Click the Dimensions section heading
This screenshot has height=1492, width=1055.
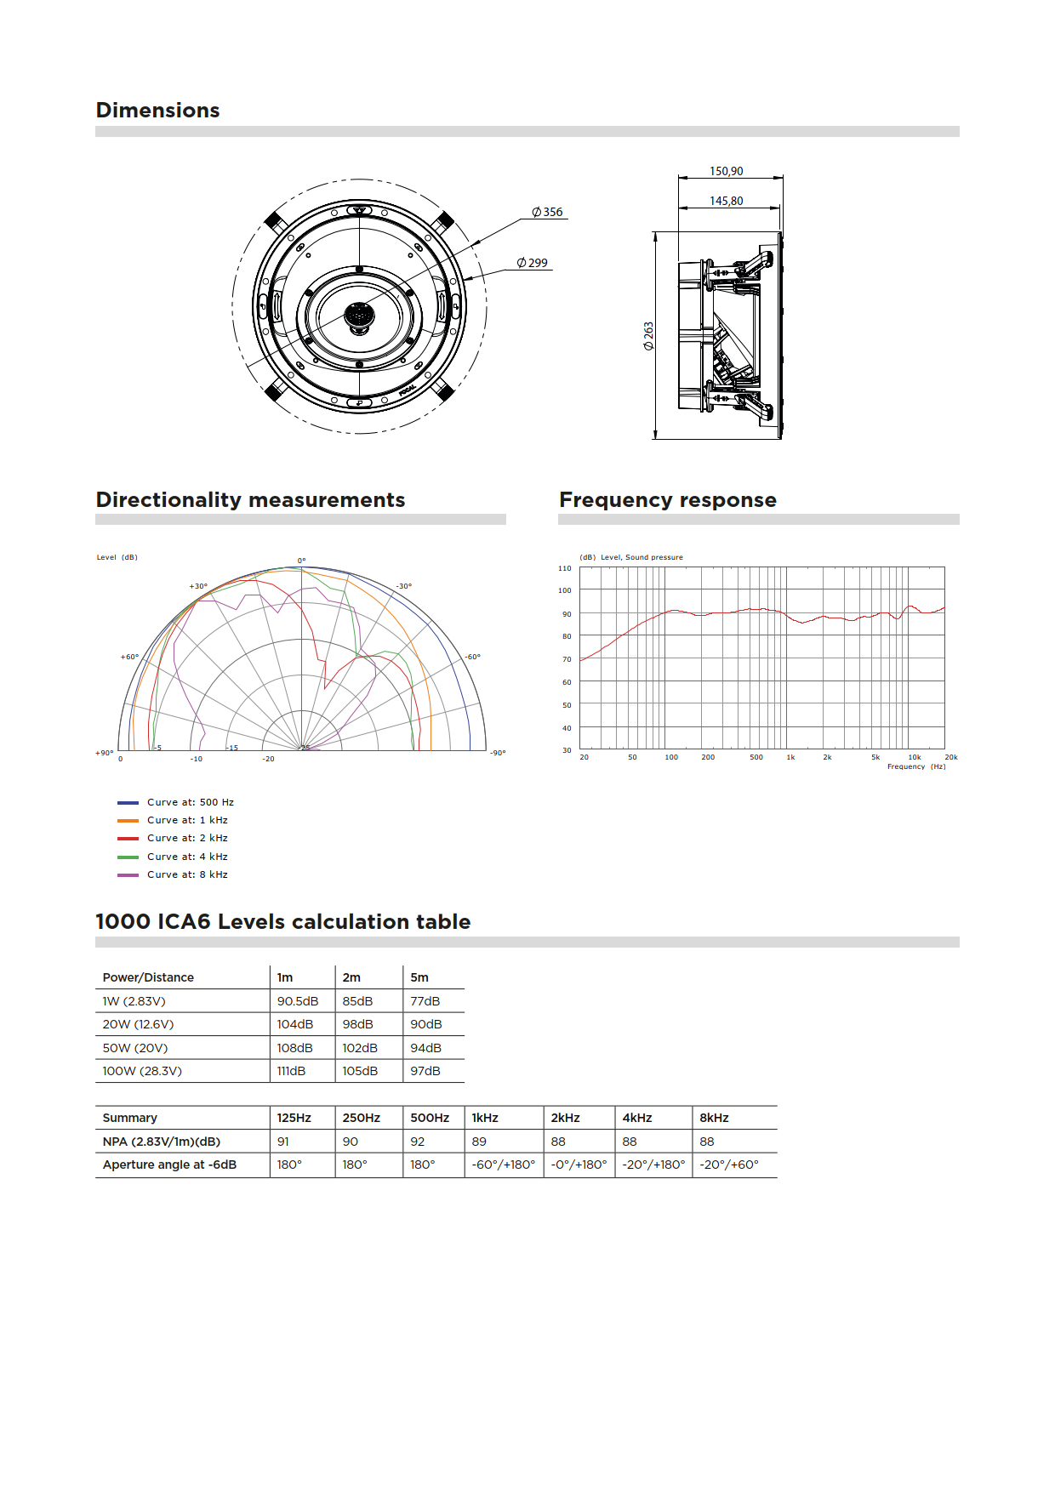click(x=157, y=111)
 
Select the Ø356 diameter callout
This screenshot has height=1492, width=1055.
click(x=548, y=212)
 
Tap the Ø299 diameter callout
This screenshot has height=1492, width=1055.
click(x=533, y=263)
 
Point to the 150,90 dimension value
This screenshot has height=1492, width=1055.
click(x=726, y=171)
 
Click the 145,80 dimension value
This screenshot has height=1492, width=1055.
click(x=726, y=201)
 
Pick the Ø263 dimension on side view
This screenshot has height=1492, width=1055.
click(x=649, y=335)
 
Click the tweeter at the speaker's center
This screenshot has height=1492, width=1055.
click(x=359, y=316)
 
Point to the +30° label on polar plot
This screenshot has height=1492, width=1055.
click(x=198, y=586)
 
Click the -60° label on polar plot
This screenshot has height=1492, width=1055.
click(x=472, y=657)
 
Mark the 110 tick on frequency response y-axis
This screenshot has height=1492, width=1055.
click(x=565, y=567)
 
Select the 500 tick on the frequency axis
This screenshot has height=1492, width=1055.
click(x=756, y=757)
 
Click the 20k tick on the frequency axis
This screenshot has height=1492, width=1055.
click(x=950, y=757)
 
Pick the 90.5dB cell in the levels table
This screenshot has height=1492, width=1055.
click(x=298, y=1001)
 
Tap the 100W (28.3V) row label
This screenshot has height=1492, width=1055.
click(x=142, y=1071)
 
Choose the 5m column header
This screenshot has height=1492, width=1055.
click(x=419, y=977)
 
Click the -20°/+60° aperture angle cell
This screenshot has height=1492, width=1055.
click(x=729, y=1165)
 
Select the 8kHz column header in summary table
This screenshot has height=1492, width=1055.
click(x=714, y=1118)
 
